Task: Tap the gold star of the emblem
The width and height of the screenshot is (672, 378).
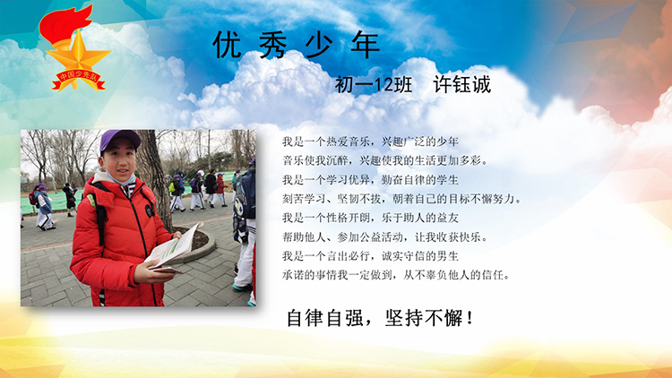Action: tap(79, 55)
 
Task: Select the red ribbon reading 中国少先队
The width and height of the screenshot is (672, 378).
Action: tap(78, 80)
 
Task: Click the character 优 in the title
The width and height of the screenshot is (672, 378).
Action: tap(228, 45)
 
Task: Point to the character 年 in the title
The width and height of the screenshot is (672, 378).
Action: tap(366, 45)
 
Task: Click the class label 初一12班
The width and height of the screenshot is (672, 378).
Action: tap(374, 84)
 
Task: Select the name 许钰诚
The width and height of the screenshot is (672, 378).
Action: tap(462, 84)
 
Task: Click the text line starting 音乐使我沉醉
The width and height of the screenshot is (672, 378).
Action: tap(385, 160)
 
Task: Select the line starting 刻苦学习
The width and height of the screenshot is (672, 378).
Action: tap(401, 199)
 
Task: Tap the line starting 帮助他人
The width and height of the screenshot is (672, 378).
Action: tap(385, 237)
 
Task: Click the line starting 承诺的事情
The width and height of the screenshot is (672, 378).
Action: tap(396, 275)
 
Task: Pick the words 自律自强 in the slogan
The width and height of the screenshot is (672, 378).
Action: tap(325, 318)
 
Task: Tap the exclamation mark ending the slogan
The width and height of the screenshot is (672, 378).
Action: tap(470, 318)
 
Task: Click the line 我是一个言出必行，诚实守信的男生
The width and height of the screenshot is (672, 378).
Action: tap(370, 256)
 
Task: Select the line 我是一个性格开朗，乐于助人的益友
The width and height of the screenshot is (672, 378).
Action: tap(370, 218)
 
